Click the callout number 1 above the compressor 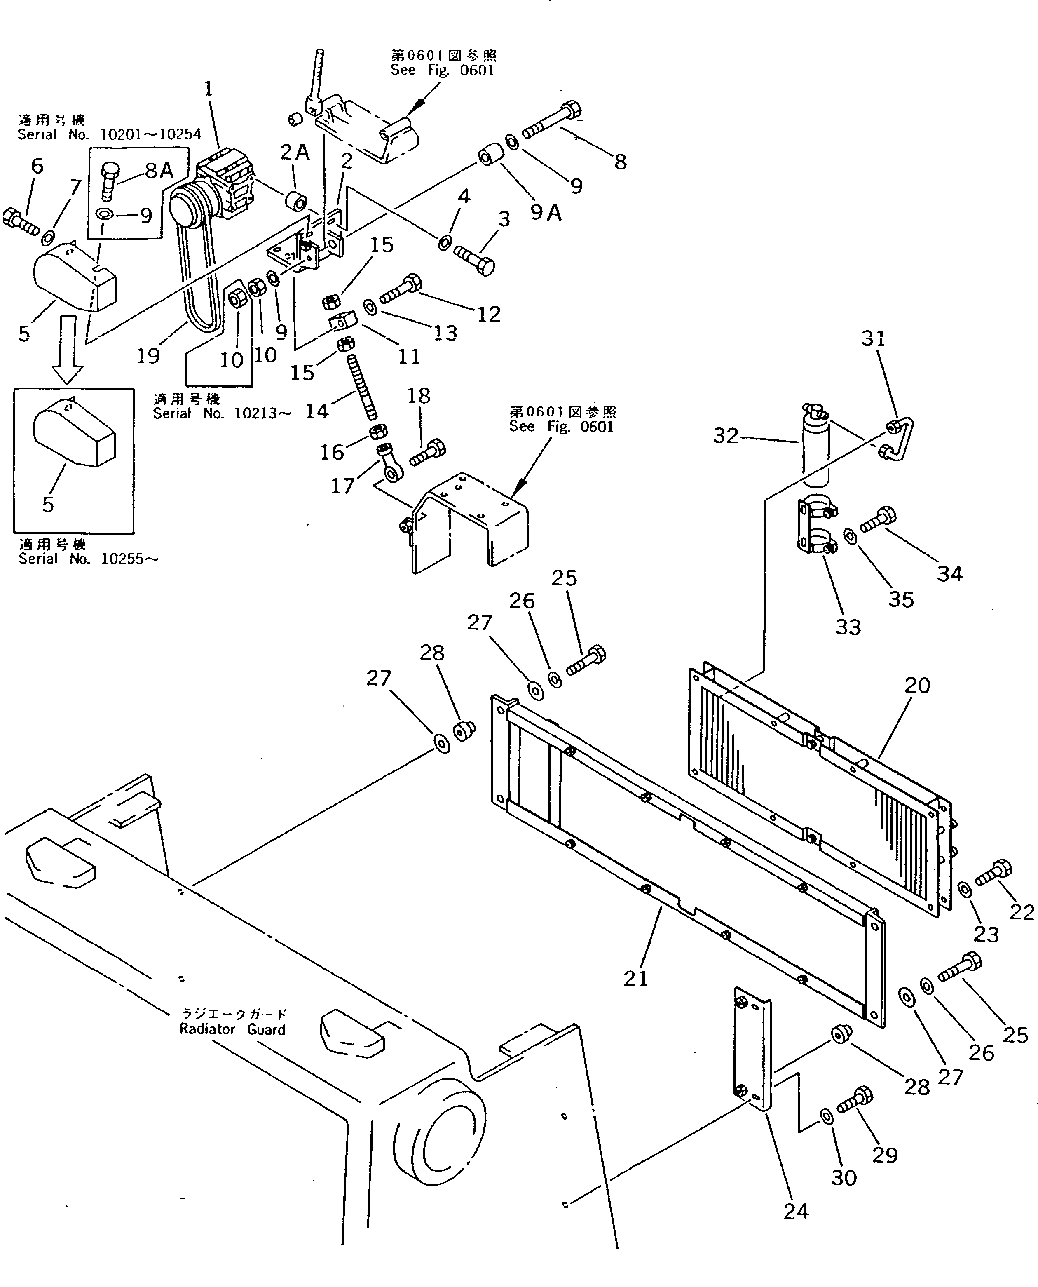[208, 89]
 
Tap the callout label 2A [295, 153]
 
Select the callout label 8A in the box [159, 171]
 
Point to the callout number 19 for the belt [148, 356]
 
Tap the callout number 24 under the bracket [796, 1211]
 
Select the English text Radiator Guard [232, 1029]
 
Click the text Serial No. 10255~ [89, 559]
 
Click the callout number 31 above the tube [873, 338]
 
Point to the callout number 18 [419, 396]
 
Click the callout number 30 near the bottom [844, 1178]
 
